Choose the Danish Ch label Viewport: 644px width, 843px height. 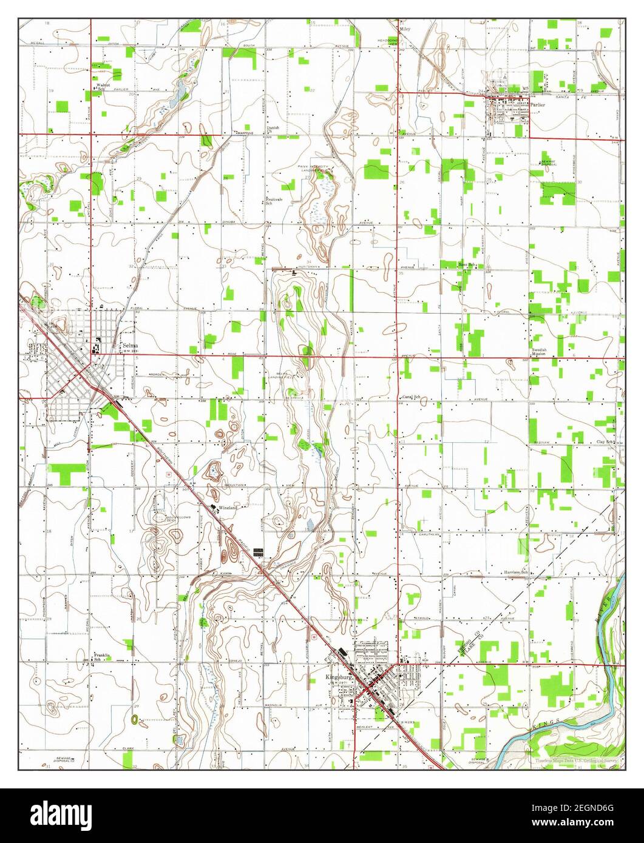273,129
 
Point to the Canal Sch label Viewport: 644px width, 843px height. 411,397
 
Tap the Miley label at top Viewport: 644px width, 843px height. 405,29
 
